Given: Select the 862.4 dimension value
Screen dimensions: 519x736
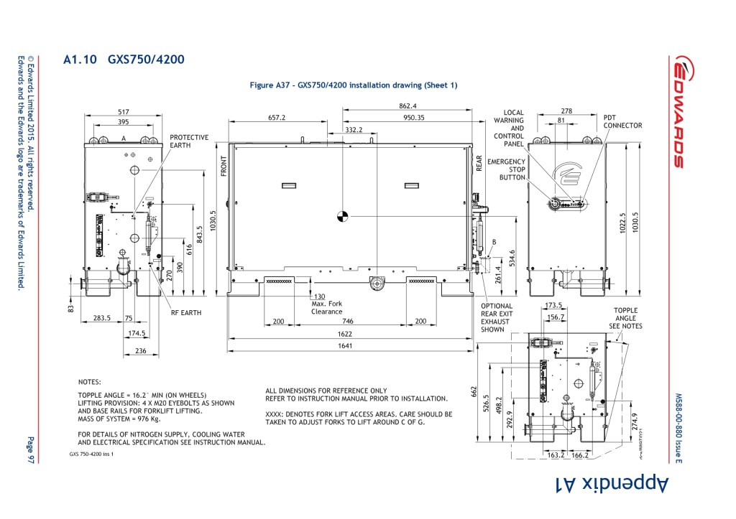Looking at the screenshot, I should [x=408, y=106].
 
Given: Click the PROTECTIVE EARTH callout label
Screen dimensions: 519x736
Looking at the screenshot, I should [x=189, y=141].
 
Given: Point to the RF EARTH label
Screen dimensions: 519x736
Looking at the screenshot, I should [x=186, y=313].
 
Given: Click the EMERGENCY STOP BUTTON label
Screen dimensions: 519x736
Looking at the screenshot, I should [x=506, y=169].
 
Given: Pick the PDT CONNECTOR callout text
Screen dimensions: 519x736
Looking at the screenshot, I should [x=622, y=121].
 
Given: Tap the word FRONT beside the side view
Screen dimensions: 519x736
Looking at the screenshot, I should [x=224, y=166].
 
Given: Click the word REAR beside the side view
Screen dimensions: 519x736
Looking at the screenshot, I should [x=479, y=164].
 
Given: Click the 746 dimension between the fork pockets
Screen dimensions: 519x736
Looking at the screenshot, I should [x=347, y=322].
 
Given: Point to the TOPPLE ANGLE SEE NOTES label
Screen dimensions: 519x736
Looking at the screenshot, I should [x=625, y=318].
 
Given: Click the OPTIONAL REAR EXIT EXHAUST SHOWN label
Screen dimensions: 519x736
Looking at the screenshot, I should [x=497, y=318].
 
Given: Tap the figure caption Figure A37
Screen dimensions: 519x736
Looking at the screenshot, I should [x=353, y=85].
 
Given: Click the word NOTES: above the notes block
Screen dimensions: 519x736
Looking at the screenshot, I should [x=90, y=382].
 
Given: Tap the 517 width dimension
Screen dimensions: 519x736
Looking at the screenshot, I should [x=123, y=112].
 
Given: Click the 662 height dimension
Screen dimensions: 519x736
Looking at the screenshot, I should [x=474, y=391].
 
